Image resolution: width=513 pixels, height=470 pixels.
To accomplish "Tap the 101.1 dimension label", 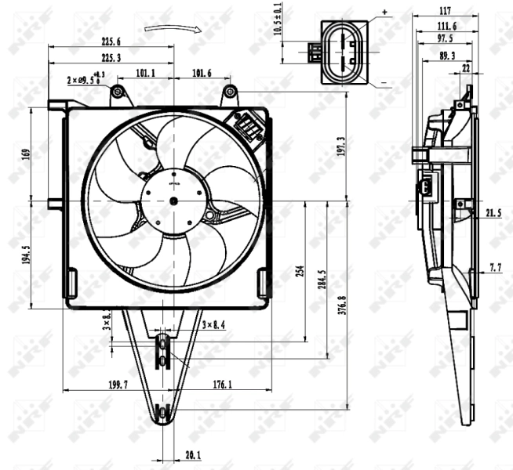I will point(145,73).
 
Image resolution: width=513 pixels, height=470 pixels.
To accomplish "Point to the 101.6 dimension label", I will point(201,73).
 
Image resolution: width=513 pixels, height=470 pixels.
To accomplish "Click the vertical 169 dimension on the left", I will point(25,154).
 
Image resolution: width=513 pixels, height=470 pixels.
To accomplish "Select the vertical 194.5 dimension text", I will point(25,255).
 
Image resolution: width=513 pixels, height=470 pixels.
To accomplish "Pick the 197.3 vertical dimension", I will point(340,147).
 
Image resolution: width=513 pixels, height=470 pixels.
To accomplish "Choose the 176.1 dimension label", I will point(222,385).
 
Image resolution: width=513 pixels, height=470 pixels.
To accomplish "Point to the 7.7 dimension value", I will point(495,268).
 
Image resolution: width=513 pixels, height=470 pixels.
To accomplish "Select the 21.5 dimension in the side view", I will point(493,213).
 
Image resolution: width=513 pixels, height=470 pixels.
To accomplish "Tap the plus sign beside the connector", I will point(384,12).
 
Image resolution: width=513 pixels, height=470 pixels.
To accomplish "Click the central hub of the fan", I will point(173,201).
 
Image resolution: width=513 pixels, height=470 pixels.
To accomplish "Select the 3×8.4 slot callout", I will point(214,324).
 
